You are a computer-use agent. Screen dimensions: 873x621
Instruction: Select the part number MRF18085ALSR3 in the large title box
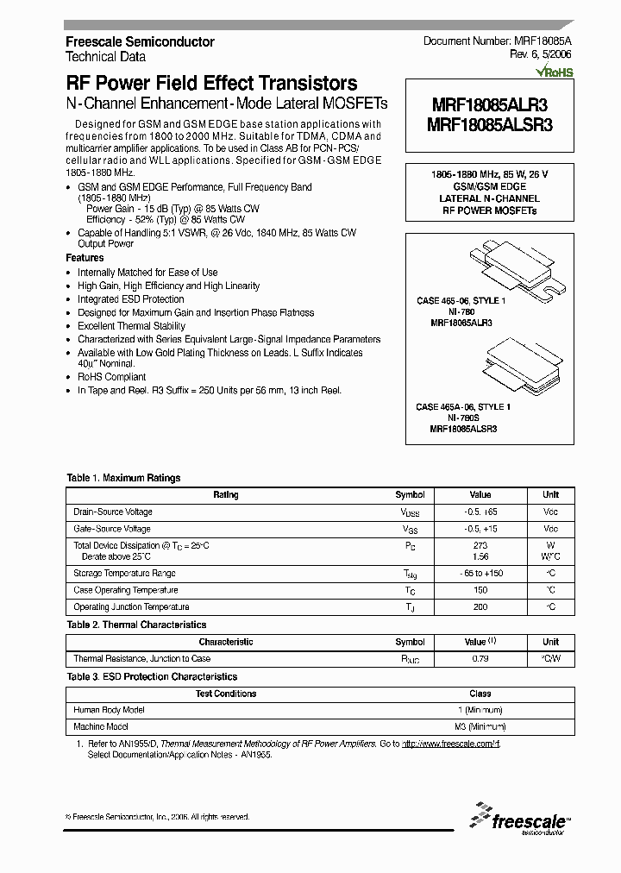click(x=489, y=124)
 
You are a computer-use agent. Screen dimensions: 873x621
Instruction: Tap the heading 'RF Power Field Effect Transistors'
click(x=211, y=84)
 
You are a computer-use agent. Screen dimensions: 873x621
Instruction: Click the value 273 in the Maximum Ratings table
click(x=480, y=545)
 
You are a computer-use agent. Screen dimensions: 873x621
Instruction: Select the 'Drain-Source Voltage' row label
click(x=113, y=512)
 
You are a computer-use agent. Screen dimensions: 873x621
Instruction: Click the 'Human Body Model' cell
click(x=110, y=710)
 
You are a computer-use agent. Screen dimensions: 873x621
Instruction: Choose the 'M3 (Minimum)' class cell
click(x=480, y=727)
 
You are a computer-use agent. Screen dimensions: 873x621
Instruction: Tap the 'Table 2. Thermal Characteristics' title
click(x=136, y=625)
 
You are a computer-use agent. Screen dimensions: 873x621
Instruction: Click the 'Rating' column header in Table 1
click(x=226, y=495)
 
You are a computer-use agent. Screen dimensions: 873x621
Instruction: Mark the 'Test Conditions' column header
click(x=226, y=694)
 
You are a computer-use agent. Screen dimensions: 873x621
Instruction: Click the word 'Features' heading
click(x=85, y=258)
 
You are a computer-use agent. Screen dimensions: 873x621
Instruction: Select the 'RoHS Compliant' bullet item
click(x=112, y=377)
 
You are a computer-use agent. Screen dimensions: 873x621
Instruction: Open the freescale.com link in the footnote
click(x=451, y=744)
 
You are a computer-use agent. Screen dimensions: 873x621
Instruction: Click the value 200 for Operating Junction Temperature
click(x=480, y=607)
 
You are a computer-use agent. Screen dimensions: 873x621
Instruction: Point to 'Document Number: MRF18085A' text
click(x=498, y=41)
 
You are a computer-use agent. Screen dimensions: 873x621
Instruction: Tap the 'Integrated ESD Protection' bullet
click(x=131, y=299)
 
